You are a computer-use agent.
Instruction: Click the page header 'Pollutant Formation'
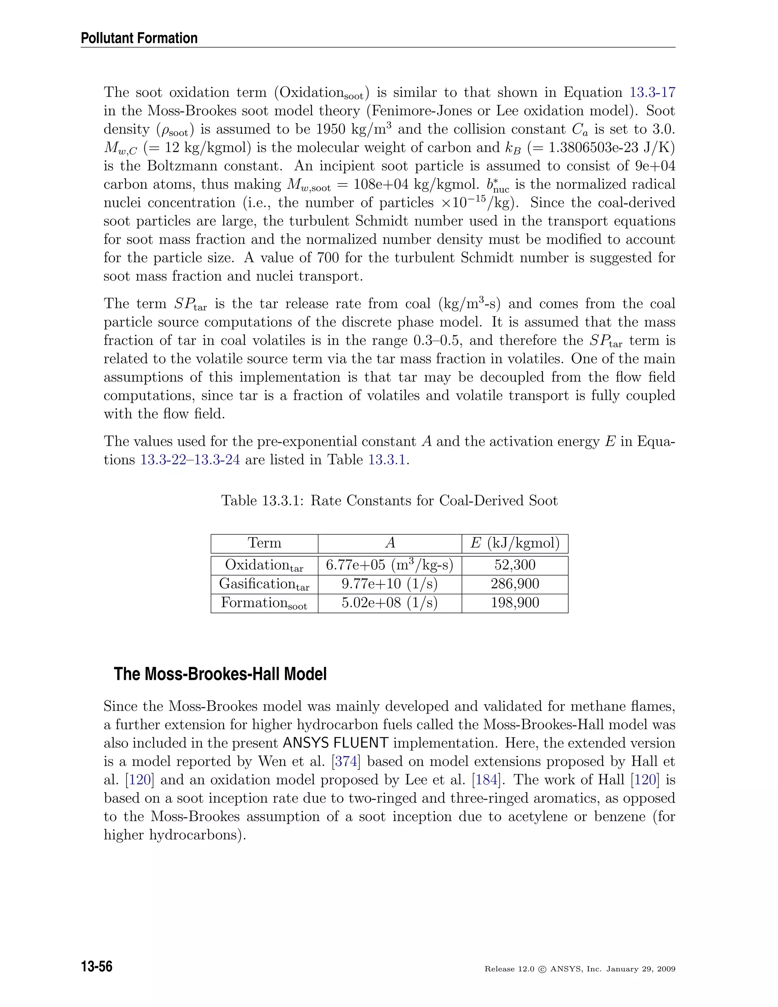139,38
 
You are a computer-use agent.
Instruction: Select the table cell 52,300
515,565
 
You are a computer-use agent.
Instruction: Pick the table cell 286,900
515,584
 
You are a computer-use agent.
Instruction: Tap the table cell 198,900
515,603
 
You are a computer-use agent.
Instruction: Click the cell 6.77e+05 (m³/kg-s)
389,565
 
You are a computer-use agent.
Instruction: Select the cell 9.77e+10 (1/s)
389,584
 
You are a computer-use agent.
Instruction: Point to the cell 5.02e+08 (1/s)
389,603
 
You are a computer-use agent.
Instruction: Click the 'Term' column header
264,543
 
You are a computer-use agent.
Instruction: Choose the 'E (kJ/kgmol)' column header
515,543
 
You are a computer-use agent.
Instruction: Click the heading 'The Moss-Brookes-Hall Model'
220,674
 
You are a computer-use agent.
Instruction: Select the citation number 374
346,761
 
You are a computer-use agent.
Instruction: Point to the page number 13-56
97,966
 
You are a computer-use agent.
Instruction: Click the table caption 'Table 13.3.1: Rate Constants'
389,501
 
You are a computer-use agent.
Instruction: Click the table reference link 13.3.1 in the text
387,460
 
